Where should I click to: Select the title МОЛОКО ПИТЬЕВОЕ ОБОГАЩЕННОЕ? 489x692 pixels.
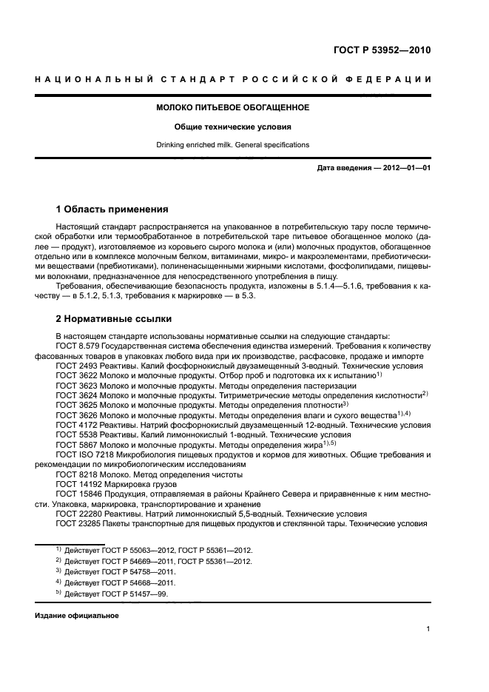[232, 107]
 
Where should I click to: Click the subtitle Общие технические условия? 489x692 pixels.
[232, 127]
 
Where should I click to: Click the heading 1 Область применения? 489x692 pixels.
[112, 209]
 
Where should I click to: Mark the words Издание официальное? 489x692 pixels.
[76, 616]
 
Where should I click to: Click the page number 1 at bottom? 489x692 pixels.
[428, 629]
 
